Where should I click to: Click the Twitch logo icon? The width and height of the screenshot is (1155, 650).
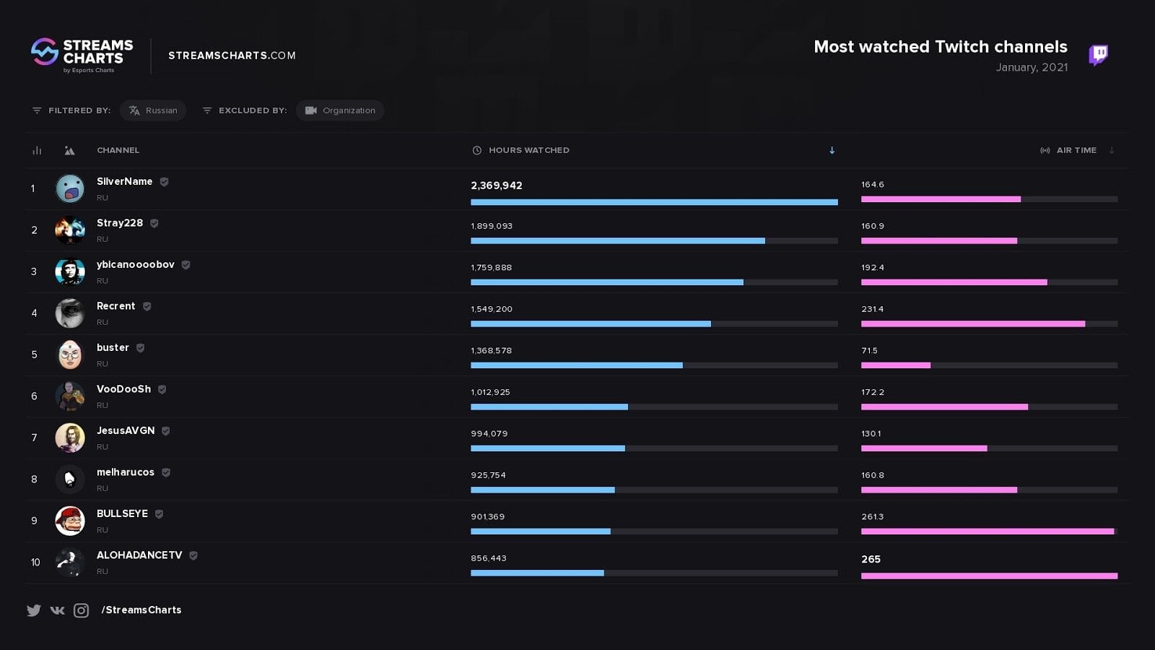(1098, 54)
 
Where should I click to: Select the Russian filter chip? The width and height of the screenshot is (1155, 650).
(153, 110)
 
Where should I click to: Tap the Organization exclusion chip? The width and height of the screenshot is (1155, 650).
(340, 110)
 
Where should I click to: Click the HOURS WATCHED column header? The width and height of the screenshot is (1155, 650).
(528, 150)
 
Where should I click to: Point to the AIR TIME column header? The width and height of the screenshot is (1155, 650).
(1076, 150)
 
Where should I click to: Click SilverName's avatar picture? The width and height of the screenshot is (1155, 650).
(70, 188)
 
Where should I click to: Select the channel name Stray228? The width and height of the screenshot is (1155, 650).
(120, 223)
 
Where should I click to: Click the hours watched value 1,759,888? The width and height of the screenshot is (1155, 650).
(491, 267)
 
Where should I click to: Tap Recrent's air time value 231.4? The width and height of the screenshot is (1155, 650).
(872, 309)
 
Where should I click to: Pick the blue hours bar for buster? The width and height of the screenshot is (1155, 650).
(576, 365)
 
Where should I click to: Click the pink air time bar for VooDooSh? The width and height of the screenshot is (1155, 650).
(944, 407)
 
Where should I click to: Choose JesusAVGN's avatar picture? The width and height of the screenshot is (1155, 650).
(70, 438)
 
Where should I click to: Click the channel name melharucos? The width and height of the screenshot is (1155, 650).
(126, 472)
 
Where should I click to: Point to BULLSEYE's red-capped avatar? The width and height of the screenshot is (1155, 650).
(70, 521)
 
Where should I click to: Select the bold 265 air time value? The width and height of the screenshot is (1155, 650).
(871, 559)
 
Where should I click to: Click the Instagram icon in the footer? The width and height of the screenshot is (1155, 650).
(82, 610)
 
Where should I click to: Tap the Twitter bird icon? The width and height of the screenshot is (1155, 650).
(34, 610)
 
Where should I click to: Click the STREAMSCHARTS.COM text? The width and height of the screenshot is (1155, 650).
(232, 56)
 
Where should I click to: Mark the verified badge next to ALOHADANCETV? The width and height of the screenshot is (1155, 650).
(193, 555)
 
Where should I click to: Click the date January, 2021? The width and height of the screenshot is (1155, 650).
(1032, 67)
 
